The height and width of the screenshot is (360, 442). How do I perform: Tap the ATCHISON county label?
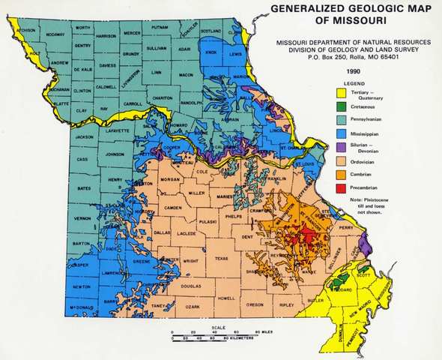pyautogui.click(x=27, y=30)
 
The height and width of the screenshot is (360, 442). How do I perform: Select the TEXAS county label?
pyautogui.click(x=221, y=258)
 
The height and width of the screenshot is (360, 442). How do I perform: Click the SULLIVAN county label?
pyautogui.click(x=156, y=46)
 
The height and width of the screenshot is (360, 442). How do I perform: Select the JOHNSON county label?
pyautogui.click(x=114, y=154)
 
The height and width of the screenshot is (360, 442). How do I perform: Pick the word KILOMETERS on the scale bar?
pyautogui.click(x=237, y=338)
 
